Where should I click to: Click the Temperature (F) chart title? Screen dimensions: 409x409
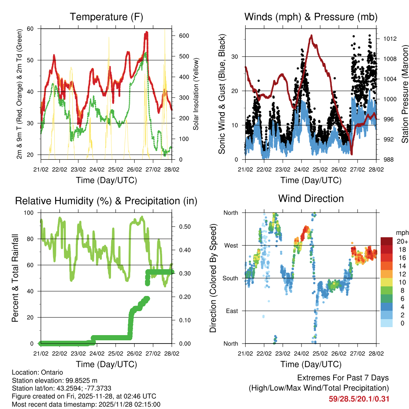106,17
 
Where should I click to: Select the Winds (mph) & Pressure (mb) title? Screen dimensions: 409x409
311,17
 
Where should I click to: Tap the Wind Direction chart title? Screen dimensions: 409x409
311,199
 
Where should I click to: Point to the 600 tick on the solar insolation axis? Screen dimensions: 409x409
183,36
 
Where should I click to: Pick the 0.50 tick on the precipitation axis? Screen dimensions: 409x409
184,226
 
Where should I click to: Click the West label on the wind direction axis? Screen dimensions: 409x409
230,245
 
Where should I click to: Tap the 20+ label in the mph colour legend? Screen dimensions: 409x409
402,241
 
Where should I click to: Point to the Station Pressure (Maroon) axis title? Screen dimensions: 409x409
405,93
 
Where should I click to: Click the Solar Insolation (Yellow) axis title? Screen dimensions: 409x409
196,94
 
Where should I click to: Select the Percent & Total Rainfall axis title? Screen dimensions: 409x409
15,278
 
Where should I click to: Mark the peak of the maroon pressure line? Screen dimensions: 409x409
311,35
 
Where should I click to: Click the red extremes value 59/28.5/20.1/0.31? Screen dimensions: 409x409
359,399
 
